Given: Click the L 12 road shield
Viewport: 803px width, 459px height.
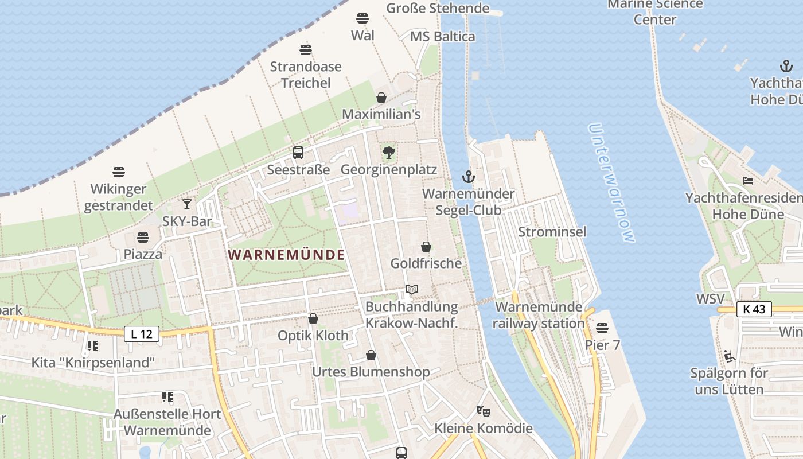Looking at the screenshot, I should tap(142, 334).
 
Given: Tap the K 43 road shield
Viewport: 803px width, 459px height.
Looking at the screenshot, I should tap(754, 309).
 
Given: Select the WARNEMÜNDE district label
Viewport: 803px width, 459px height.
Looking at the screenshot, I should tap(287, 255).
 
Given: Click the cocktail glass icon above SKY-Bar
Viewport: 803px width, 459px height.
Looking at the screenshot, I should tap(187, 204).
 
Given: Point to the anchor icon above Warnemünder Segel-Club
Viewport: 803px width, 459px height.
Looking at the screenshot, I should tap(469, 176).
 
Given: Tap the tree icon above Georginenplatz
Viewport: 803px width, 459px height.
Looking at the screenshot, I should tap(389, 153).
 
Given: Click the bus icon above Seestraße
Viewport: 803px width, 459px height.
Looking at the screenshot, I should tap(298, 153).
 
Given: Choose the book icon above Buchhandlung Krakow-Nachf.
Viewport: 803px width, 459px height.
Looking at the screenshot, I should tap(411, 289).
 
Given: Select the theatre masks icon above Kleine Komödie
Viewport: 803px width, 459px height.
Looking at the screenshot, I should tap(484, 411).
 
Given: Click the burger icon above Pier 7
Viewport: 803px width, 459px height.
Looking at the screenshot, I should tap(602, 328).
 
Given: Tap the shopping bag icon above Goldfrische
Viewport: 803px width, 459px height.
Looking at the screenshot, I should tap(426, 247).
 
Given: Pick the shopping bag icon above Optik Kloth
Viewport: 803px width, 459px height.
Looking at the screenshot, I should tap(313, 318).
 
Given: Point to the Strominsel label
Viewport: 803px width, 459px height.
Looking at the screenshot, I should tap(552, 232).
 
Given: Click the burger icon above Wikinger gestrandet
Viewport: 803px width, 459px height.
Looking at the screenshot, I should tap(119, 172).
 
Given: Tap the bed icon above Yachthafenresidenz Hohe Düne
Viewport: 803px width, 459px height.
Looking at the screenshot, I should tap(748, 181).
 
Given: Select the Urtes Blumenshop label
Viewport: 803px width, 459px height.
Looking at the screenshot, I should tap(371, 372).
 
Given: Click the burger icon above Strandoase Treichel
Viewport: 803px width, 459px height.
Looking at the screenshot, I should tap(306, 49).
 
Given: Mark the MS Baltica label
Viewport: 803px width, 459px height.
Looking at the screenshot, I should tap(443, 37).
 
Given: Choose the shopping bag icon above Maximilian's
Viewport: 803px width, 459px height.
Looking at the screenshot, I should tap(381, 98).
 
